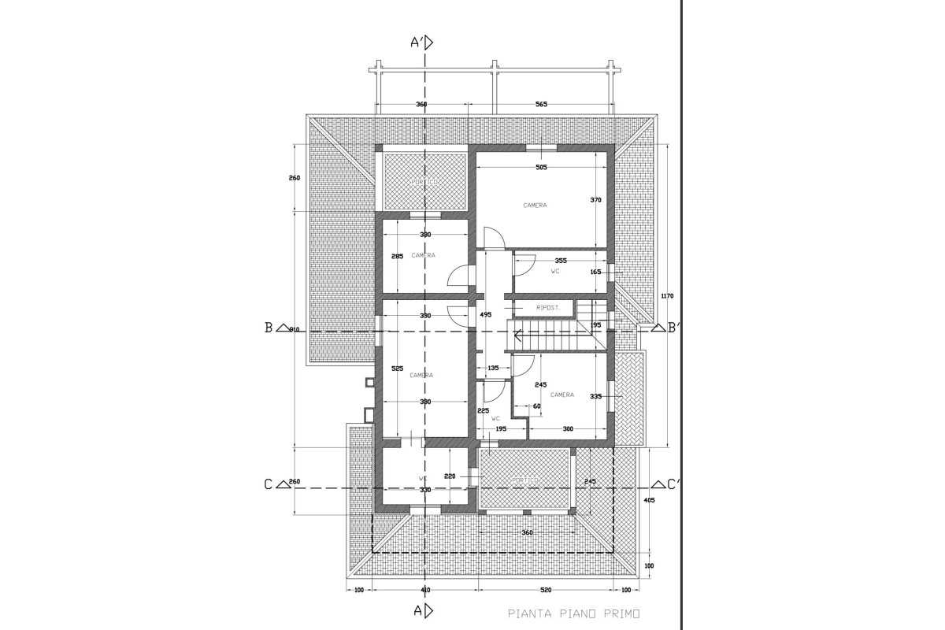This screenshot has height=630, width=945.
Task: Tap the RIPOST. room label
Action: tap(547, 308)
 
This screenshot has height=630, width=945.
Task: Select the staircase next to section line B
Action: tap(551, 336)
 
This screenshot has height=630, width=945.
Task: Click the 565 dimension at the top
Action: tap(541, 104)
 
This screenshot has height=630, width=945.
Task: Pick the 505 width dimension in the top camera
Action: tap(541, 167)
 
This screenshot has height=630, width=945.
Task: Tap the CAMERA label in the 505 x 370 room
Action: tap(535, 205)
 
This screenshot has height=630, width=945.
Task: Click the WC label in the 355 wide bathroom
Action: tap(555, 271)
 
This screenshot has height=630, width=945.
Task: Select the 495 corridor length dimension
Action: tap(485, 314)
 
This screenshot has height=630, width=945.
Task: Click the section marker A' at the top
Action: tap(422, 43)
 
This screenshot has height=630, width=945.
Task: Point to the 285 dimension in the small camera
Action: tap(398, 256)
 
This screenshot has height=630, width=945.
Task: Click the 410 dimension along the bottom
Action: tap(425, 589)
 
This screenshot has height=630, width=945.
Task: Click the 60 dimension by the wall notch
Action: tap(536, 406)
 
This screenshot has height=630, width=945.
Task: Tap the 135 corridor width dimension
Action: tap(494, 368)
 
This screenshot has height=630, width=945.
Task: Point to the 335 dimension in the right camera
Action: tap(595, 397)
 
